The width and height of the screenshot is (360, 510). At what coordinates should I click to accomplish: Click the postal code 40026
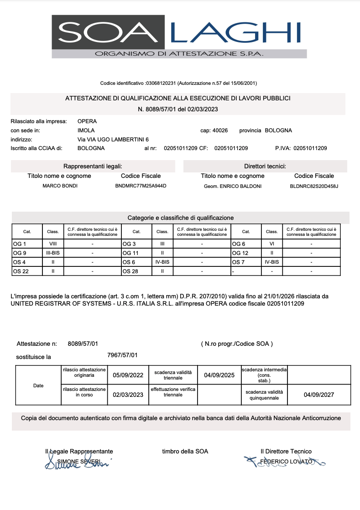(220, 130)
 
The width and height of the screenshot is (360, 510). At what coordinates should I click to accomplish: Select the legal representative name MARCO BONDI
(60, 186)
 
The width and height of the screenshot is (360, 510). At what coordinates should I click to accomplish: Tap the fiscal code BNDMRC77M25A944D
(141, 186)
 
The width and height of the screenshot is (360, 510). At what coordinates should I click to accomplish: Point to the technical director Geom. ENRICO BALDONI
(233, 186)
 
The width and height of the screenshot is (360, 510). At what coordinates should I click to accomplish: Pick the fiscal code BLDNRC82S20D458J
(314, 186)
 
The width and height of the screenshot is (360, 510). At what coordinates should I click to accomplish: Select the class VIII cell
(52, 244)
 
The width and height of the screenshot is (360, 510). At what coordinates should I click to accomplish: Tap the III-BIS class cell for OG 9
(53, 253)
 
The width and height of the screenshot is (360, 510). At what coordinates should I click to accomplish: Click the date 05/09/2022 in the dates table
(128, 375)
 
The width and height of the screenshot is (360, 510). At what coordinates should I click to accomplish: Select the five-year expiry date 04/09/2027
(319, 395)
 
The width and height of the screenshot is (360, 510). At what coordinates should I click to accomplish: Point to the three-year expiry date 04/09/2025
(219, 375)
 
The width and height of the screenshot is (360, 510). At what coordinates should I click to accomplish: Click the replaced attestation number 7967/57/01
(122, 355)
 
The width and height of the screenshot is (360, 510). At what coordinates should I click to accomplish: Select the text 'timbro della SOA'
(185, 452)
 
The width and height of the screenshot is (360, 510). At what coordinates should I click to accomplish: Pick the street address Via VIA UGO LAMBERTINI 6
(113, 140)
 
